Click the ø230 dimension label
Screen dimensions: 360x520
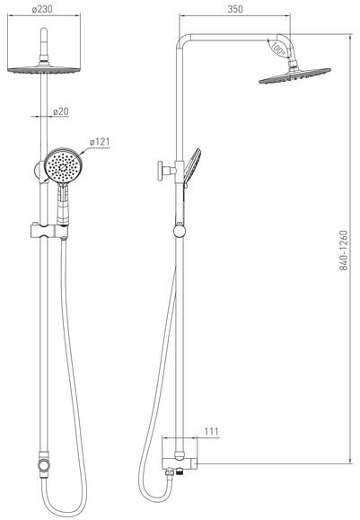point(42,9)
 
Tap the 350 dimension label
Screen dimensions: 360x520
point(235,9)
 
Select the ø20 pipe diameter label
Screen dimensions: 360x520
point(61,111)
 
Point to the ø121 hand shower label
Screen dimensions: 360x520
point(100,142)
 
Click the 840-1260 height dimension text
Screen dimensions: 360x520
point(344,251)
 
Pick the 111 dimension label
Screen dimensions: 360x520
point(211,431)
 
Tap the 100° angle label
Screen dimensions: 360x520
point(277,48)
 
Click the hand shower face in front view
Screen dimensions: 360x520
point(63,165)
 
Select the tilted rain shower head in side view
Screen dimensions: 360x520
point(294,76)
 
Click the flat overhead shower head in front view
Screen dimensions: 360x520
point(44,68)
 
